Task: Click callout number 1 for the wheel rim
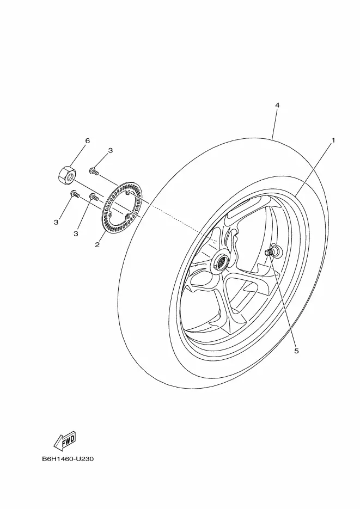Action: pos(333,140)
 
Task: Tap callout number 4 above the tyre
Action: pos(277,105)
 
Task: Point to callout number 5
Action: pos(296,351)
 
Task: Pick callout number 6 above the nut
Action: pos(87,140)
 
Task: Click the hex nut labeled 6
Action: pos(67,175)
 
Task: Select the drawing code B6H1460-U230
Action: pos(68,459)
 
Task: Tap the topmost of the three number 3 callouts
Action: pos(111,151)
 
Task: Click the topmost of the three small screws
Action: pos(94,171)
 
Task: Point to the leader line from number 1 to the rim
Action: pos(314,170)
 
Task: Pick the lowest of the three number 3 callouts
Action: pos(76,234)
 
